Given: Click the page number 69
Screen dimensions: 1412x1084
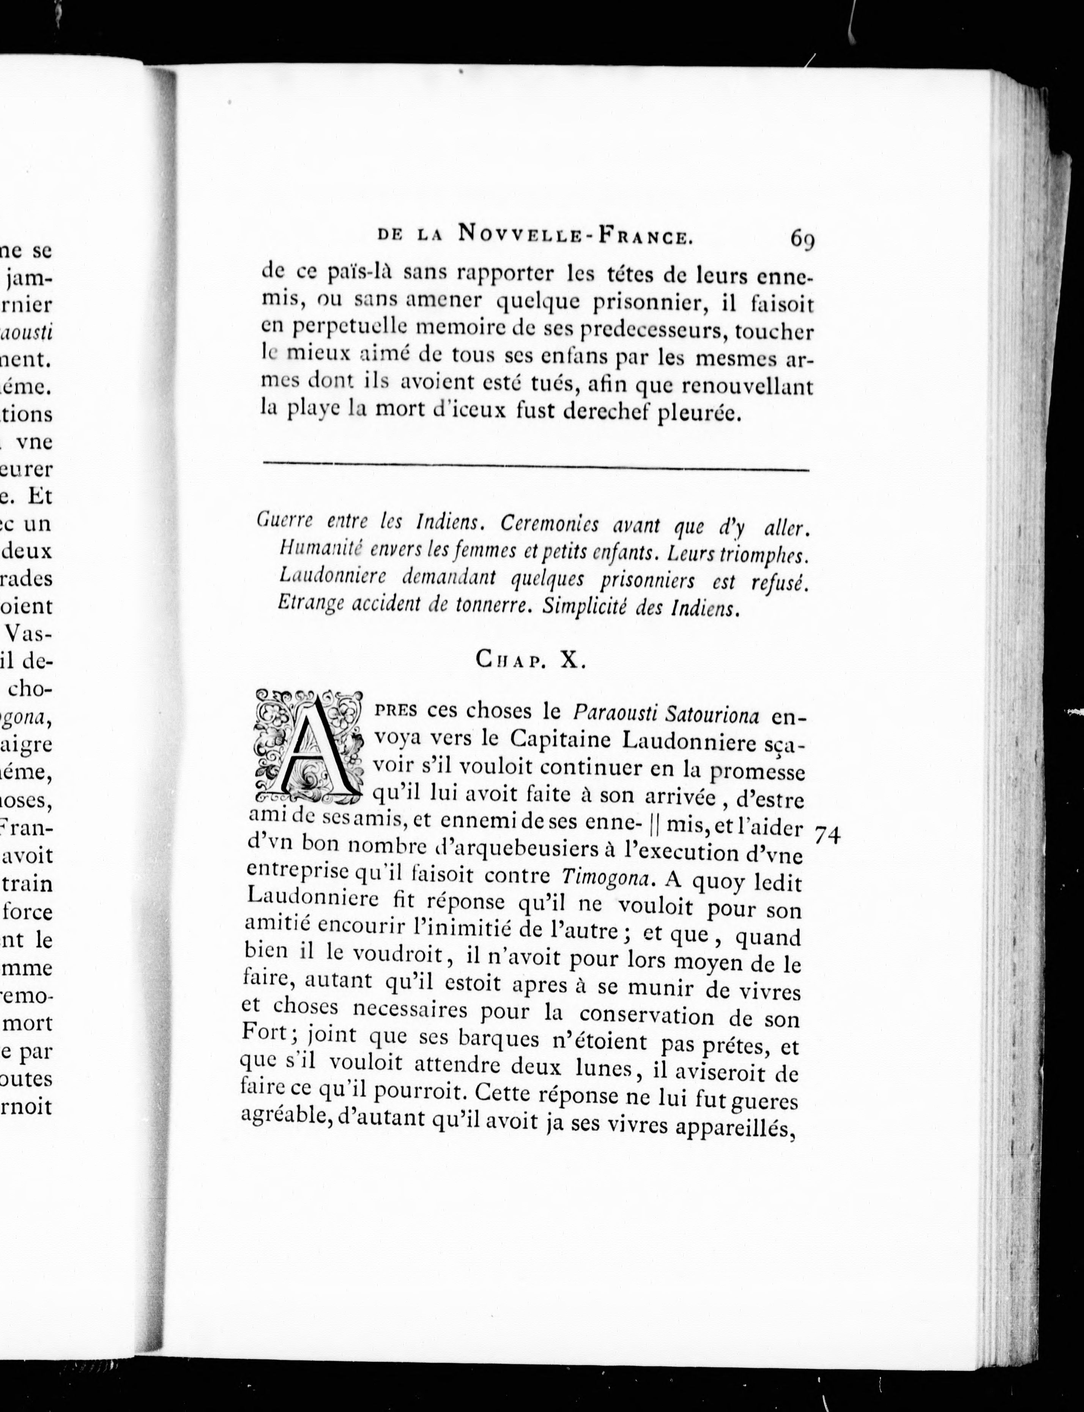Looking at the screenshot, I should click(802, 240).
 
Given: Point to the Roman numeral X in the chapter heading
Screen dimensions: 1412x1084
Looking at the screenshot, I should click(570, 660).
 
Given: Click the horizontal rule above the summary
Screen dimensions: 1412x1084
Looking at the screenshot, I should click(536, 466).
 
